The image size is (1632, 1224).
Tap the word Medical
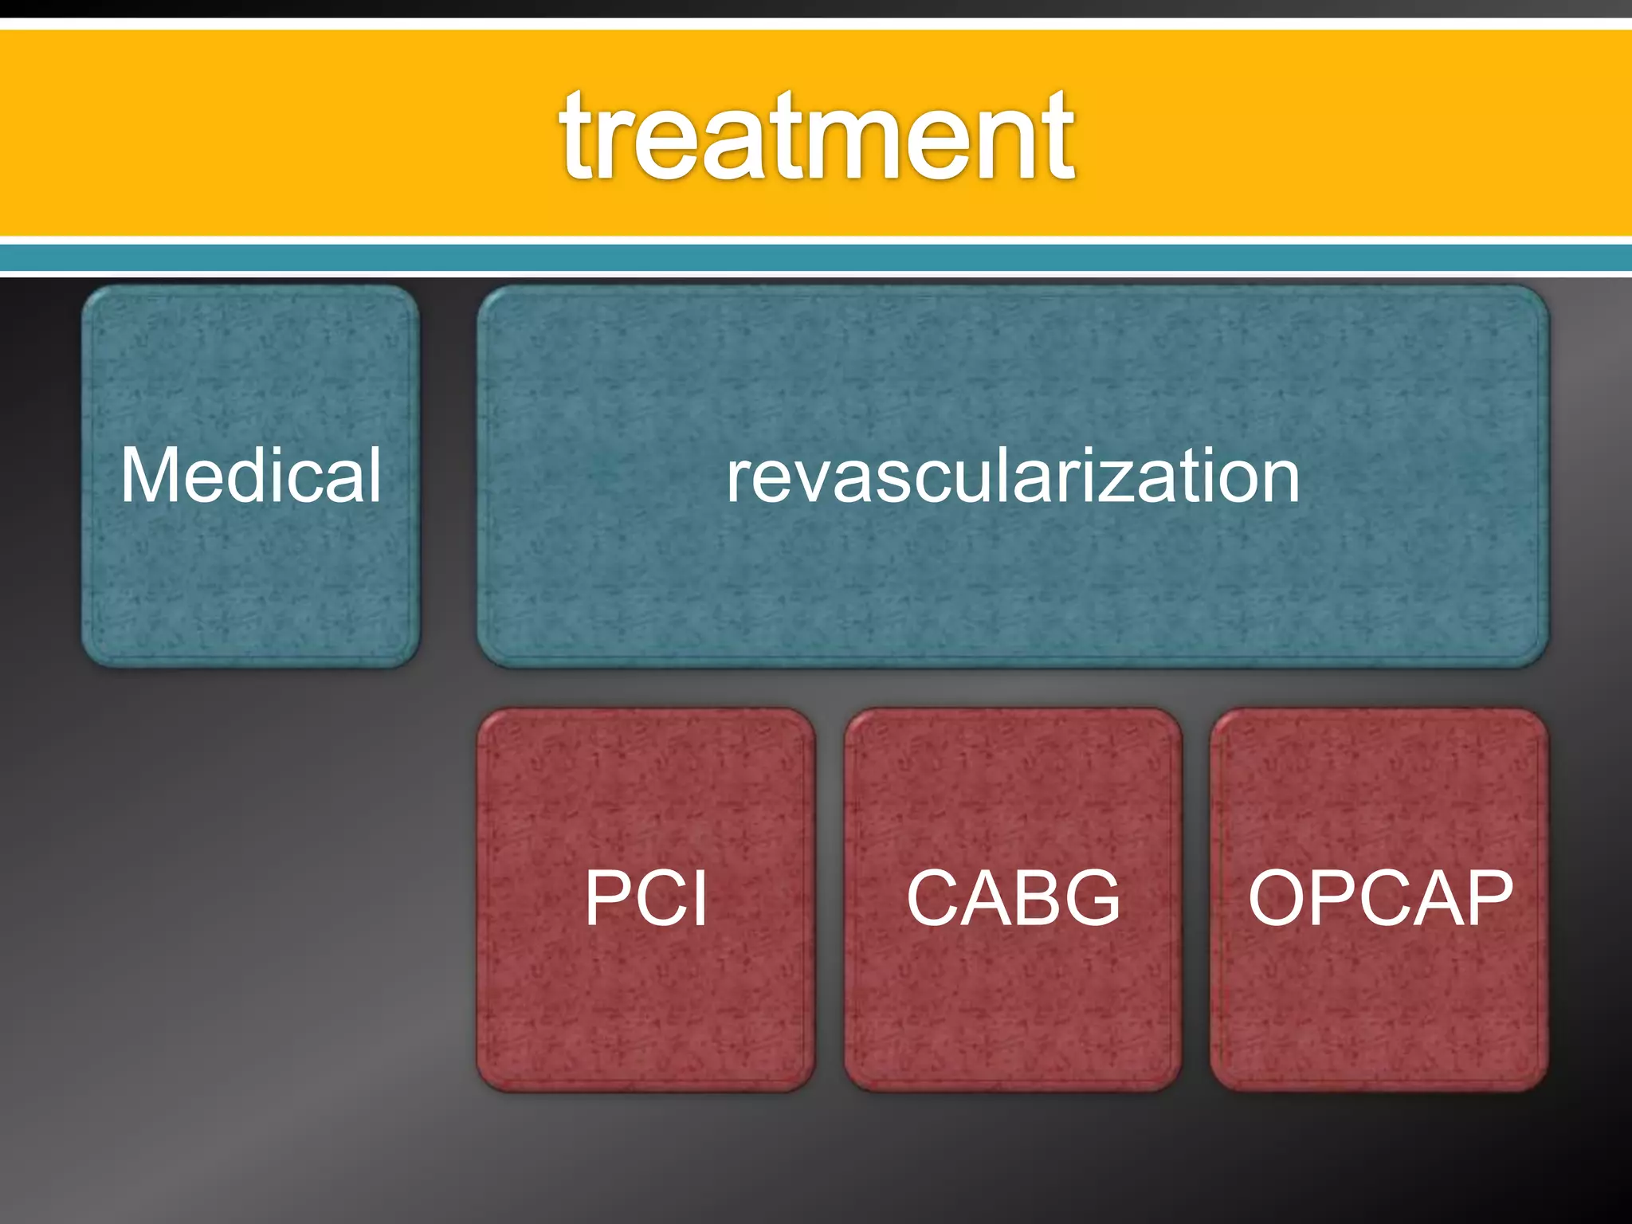coord(251,476)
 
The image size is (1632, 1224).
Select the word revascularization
coord(1012,477)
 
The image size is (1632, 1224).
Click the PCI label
coord(645,898)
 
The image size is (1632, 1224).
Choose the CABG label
coord(1013,898)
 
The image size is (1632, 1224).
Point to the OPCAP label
coord(1379,898)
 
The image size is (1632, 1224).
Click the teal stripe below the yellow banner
coord(816,257)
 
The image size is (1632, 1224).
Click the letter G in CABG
coord(1091,898)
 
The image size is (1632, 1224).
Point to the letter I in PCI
coord(700,898)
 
